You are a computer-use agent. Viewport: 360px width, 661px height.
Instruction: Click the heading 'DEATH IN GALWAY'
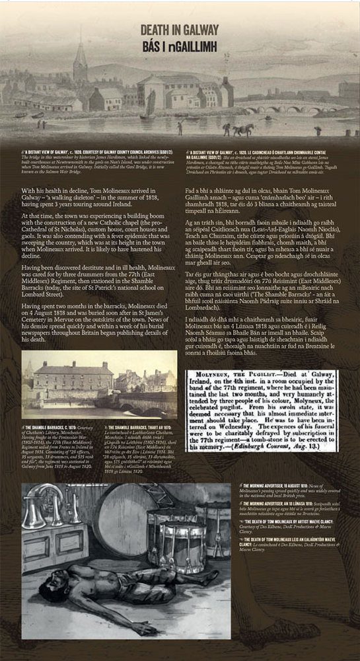[180, 28]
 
